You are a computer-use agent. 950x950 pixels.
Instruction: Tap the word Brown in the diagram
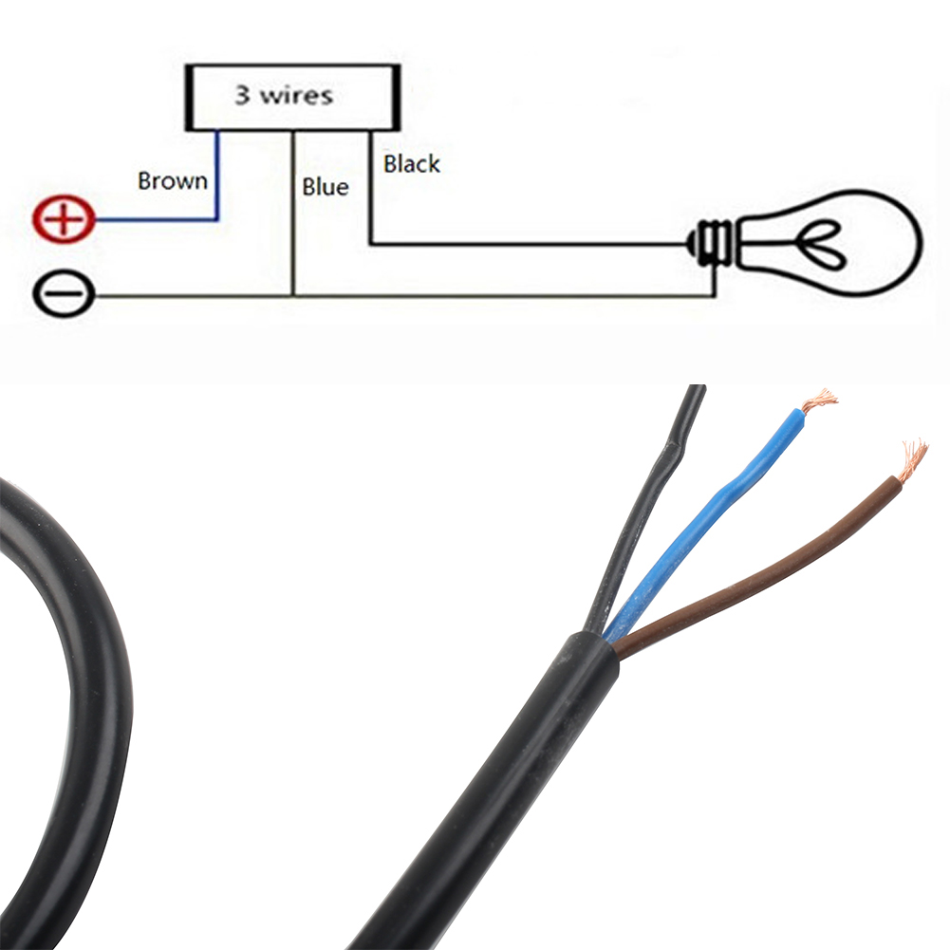pyautogui.click(x=172, y=180)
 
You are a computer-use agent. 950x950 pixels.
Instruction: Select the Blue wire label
pyautogui.click(x=326, y=187)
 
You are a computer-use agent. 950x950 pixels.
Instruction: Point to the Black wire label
pyautogui.click(x=412, y=164)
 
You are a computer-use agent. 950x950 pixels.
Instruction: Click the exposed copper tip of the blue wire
pyautogui.click(x=819, y=401)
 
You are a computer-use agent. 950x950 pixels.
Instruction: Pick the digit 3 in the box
pyautogui.click(x=242, y=96)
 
